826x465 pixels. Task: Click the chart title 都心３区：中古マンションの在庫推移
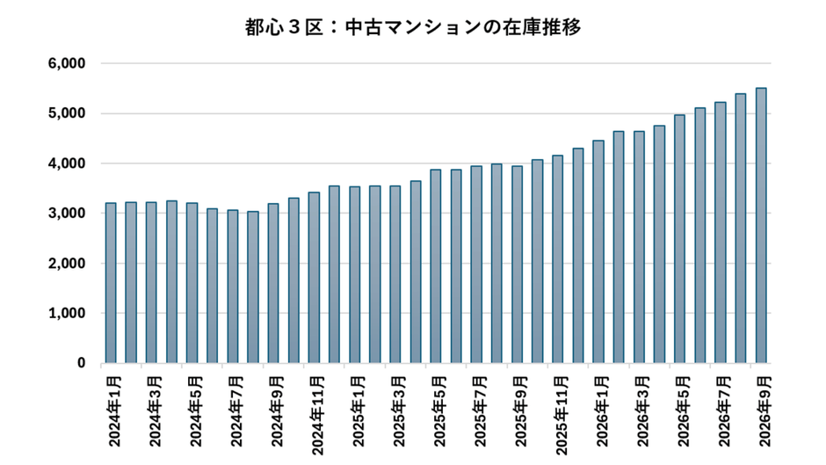click(x=413, y=27)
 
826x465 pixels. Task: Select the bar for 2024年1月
click(x=111, y=283)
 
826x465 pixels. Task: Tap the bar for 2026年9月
click(x=761, y=226)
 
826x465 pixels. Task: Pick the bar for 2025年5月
click(x=436, y=266)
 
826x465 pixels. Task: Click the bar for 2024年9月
click(x=273, y=284)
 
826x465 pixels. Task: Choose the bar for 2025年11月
click(x=558, y=259)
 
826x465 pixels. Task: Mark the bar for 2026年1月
click(x=598, y=252)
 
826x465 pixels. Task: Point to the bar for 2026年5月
click(x=679, y=239)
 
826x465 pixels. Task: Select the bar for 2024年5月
click(x=192, y=283)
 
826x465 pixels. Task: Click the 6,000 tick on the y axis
click(x=67, y=64)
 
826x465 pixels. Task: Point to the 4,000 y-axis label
click(x=67, y=163)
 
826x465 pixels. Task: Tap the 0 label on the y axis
click(x=81, y=363)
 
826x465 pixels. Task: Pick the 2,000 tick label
click(x=67, y=263)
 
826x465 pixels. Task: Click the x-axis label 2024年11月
click(x=317, y=416)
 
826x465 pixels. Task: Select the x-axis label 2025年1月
click(x=359, y=411)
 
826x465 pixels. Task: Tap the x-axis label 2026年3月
click(x=643, y=411)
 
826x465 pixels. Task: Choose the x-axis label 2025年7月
click(x=481, y=411)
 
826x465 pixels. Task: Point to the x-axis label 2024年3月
click(x=155, y=411)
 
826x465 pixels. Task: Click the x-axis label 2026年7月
click(x=724, y=411)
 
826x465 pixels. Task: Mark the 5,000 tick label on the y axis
click(x=67, y=113)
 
